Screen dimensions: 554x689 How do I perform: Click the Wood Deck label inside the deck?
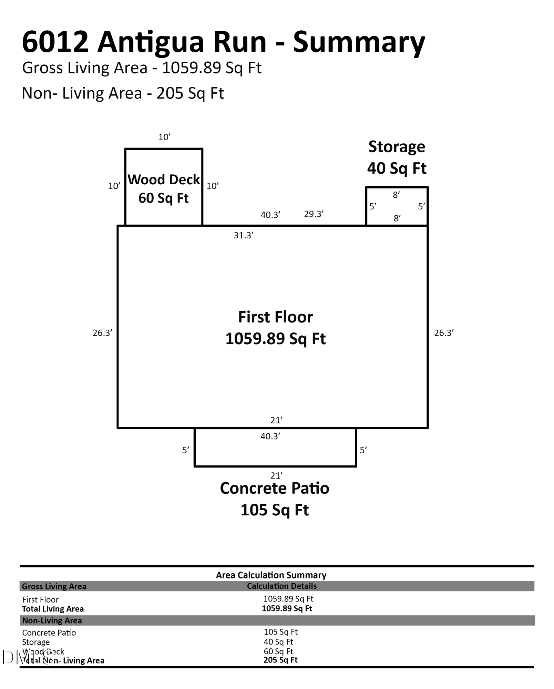click(x=164, y=179)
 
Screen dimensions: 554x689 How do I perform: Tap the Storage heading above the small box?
click(x=397, y=147)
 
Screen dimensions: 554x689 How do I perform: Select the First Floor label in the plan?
click(x=276, y=317)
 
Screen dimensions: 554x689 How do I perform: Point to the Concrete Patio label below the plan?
click(x=275, y=488)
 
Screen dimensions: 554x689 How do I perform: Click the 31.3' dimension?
click(x=244, y=235)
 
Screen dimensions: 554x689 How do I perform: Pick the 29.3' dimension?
click(x=314, y=214)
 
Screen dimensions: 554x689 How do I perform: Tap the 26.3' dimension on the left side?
click(x=102, y=333)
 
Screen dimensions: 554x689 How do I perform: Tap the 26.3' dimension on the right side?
click(x=444, y=333)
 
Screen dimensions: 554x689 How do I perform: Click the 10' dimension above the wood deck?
click(x=164, y=137)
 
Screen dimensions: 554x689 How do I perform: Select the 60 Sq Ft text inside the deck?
click(x=163, y=198)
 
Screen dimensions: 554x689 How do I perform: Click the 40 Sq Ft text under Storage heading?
click(x=397, y=168)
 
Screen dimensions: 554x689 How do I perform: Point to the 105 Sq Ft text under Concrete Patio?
click(x=275, y=510)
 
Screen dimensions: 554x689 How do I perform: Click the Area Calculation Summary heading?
click(x=271, y=575)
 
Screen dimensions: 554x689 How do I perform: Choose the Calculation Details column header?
click(x=282, y=586)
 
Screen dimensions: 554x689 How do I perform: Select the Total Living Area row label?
click(x=53, y=609)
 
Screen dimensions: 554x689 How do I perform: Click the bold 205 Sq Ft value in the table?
click(x=280, y=660)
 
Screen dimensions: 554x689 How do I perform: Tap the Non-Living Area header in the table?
click(x=52, y=620)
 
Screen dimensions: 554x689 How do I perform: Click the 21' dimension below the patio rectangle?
click(x=276, y=475)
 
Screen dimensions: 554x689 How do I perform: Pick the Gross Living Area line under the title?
click(x=142, y=68)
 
